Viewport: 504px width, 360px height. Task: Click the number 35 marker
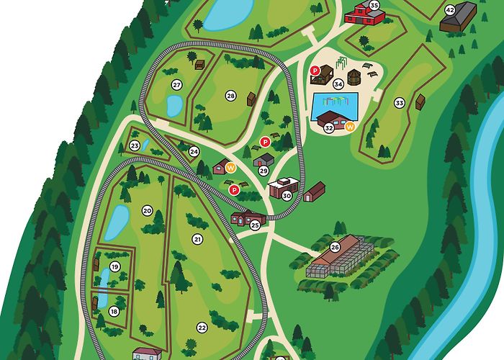pyautogui.click(x=374, y=5)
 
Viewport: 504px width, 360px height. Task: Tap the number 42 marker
pyautogui.click(x=450, y=10)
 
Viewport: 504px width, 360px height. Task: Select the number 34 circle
pyautogui.click(x=338, y=84)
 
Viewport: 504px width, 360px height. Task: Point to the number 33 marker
pyautogui.click(x=400, y=103)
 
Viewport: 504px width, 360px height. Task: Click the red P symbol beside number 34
pyautogui.click(x=315, y=70)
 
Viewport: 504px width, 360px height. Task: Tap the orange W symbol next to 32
pyautogui.click(x=351, y=127)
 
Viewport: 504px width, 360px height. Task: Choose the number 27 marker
pyautogui.click(x=176, y=85)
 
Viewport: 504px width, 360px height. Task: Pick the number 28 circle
pyautogui.click(x=230, y=96)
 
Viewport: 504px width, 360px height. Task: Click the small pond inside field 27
pyautogui.click(x=174, y=105)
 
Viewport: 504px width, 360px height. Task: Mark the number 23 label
pyautogui.click(x=135, y=146)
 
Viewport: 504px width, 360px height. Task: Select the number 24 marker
pyautogui.click(x=194, y=151)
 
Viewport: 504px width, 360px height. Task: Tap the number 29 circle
pyautogui.click(x=264, y=171)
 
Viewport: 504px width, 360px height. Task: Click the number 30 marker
pyautogui.click(x=287, y=195)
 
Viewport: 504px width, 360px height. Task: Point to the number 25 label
pyautogui.click(x=255, y=225)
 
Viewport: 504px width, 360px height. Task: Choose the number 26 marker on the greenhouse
pyautogui.click(x=335, y=248)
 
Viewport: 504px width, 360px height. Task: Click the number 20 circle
pyautogui.click(x=148, y=211)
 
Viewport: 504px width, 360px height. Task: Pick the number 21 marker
pyautogui.click(x=197, y=239)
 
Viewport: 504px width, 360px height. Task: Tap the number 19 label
pyautogui.click(x=114, y=267)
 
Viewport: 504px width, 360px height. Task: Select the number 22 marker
pyautogui.click(x=202, y=327)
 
